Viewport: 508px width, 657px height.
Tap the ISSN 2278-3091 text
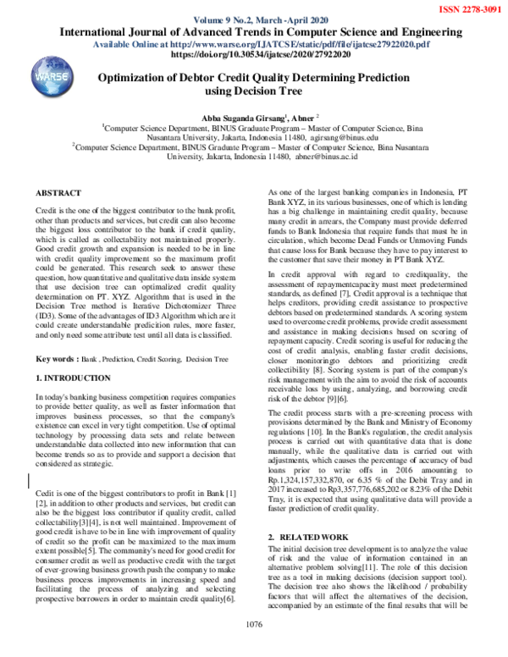[x=467, y=8]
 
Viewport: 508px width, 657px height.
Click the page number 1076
[x=253, y=647]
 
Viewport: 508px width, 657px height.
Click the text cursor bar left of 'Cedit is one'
[x=30, y=482]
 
